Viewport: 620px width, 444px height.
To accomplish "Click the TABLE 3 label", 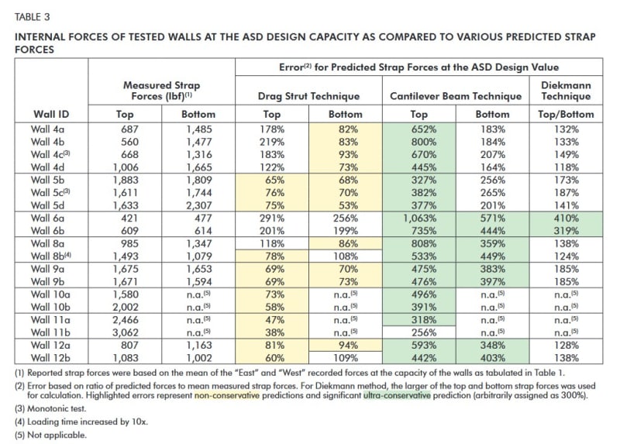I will click(29, 15).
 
